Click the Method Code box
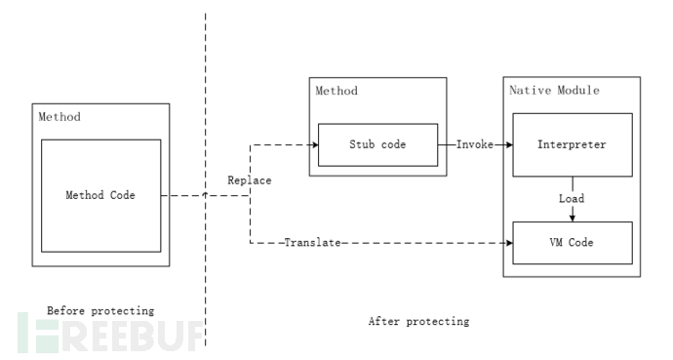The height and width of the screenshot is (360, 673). [100, 195]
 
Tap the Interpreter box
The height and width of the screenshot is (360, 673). [572, 144]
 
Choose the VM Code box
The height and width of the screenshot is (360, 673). [572, 241]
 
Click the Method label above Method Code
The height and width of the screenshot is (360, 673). [59, 117]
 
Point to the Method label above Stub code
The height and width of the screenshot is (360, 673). [336, 91]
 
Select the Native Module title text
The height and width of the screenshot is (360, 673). [554, 91]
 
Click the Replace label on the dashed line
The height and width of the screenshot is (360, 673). [250, 180]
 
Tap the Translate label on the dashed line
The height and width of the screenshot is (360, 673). [312, 241]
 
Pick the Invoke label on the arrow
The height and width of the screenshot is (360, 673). [475, 144]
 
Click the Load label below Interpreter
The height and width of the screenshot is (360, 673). [572, 199]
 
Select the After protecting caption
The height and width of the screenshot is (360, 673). [418, 320]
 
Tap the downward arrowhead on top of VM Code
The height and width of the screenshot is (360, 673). [572, 218]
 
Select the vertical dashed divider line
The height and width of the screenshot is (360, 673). [206, 98]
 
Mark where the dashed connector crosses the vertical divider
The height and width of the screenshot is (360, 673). [206, 195]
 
